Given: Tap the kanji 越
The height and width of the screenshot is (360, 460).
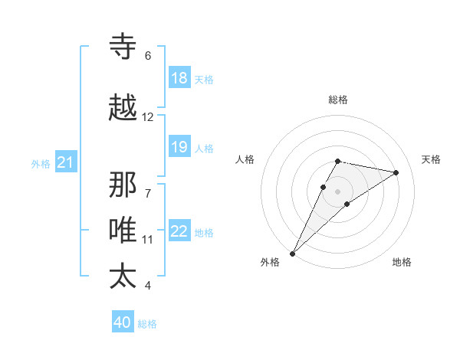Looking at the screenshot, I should tap(123, 109).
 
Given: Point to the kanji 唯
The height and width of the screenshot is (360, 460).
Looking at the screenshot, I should tap(123, 230).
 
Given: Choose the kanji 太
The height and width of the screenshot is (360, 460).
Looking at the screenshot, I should tap(123, 276).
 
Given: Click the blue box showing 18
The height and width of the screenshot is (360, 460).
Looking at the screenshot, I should tap(179, 78).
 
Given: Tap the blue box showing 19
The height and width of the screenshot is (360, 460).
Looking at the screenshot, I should tap(179, 147).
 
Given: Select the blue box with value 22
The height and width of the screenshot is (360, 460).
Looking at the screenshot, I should tap(179, 232).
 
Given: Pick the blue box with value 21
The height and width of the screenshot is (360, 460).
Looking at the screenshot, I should tap(65, 162).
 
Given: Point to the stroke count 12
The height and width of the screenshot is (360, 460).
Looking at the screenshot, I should tap(147, 117).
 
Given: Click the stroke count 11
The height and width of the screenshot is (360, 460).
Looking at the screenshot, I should tap(147, 240).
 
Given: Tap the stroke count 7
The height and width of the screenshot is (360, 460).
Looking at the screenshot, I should tap(147, 185).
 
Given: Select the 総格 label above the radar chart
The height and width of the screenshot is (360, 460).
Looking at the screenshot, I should tap(338, 100).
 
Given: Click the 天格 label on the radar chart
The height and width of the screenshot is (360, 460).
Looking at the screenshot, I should tap(431, 159).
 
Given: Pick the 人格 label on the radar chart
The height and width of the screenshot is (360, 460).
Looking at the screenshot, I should tap(245, 159).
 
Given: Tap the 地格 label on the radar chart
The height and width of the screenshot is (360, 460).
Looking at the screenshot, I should tap(402, 263).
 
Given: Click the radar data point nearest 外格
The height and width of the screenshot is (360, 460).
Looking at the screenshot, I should tap(292, 253).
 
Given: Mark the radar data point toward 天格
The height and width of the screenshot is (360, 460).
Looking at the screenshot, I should tap(396, 172).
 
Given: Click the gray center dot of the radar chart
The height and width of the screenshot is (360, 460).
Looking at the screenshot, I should tap(338, 191).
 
